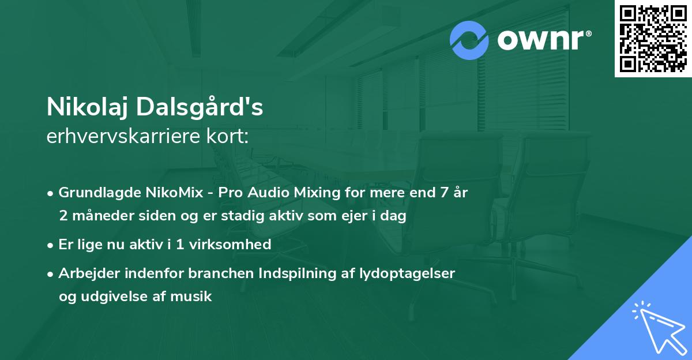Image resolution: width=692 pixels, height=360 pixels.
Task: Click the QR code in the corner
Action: pyautogui.click(x=653, y=38)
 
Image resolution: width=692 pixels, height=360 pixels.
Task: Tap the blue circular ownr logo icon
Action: pyautogui.click(x=469, y=40)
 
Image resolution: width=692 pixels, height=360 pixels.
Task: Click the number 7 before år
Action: pyautogui.click(x=443, y=193)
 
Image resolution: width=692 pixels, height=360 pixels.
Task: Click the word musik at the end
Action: pyautogui.click(x=194, y=297)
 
